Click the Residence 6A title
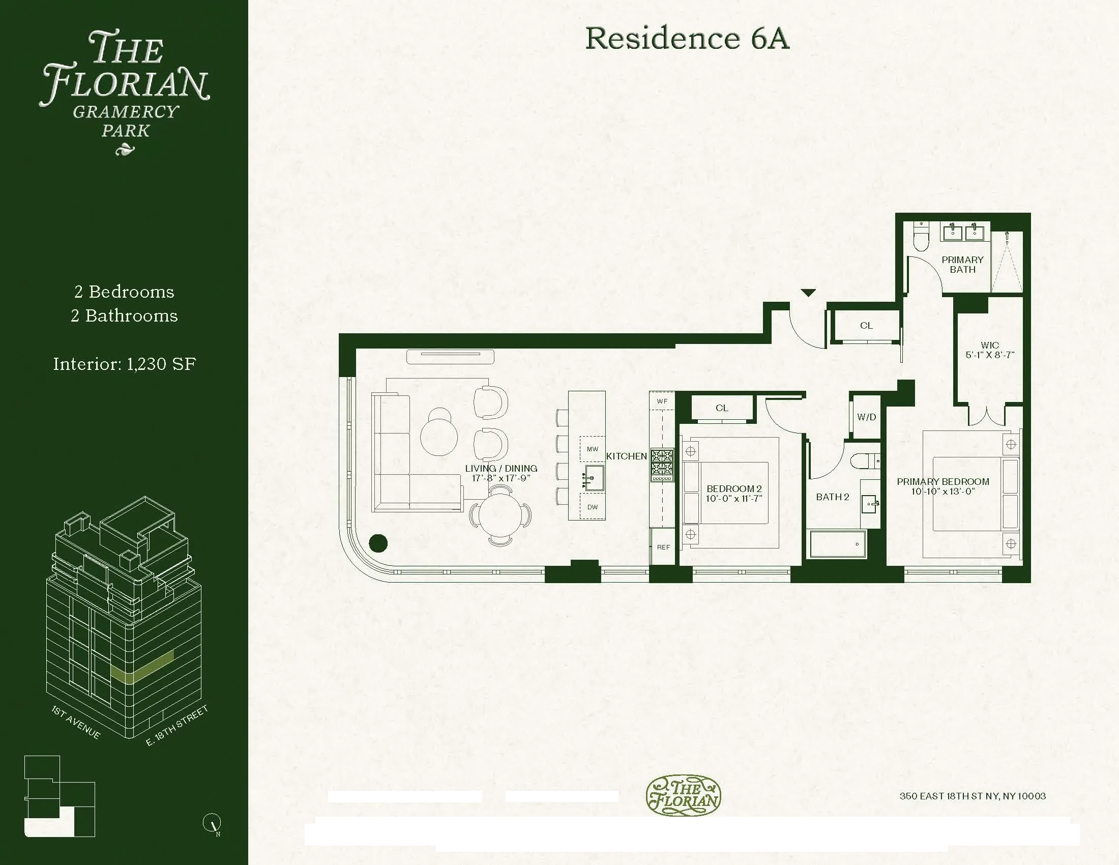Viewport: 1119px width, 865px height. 687,38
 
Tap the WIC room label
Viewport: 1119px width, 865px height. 989,345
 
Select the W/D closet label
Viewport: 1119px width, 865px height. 866,417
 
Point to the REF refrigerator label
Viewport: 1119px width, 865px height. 663,547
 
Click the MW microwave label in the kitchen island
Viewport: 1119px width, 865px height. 592,449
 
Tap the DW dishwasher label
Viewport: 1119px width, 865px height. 592,507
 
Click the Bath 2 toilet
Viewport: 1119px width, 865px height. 865,460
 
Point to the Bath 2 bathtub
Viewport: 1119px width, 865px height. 838,544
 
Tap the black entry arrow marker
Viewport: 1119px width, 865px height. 808,293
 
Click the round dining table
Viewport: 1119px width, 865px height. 500,515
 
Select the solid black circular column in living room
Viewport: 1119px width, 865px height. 378,543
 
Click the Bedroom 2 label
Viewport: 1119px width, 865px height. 733,488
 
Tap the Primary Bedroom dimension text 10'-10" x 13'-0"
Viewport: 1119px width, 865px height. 943,491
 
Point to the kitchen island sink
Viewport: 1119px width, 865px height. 594,478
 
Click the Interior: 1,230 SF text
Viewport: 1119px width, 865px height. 125,364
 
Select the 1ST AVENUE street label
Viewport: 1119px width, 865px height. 76,722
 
